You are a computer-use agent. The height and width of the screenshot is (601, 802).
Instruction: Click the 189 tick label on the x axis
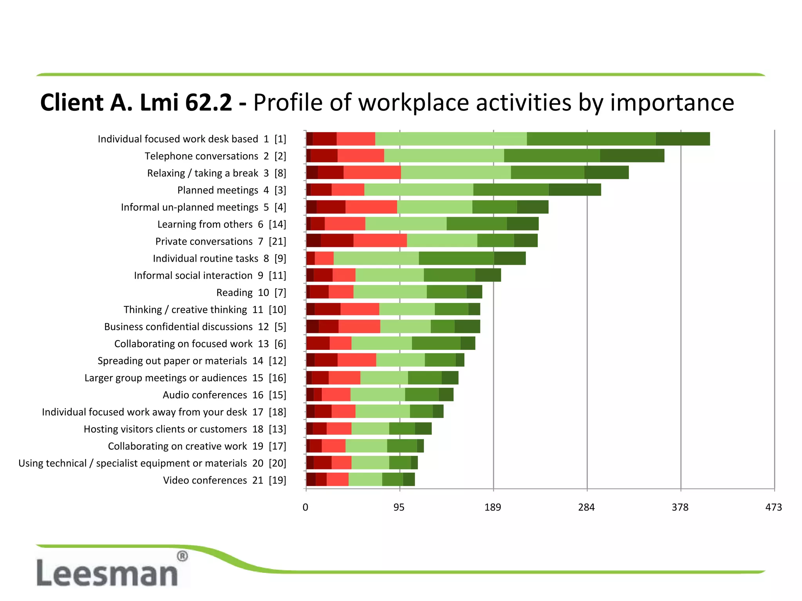(x=493, y=507)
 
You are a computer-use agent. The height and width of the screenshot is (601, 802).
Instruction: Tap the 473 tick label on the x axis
(x=773, y=507)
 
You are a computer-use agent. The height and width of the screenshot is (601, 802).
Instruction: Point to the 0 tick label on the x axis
(x=305, y=507)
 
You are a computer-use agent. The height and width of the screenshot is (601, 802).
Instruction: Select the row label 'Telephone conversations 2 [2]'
(x=215, y=156)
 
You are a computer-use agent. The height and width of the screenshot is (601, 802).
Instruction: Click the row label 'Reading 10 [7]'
(x=251, y=293)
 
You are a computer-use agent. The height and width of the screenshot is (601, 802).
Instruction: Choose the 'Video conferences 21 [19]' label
(x=224, y=480)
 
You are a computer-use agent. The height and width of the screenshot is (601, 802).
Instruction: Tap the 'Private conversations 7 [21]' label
(x=220, y=241)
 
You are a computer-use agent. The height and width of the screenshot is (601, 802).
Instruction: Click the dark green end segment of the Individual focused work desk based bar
(x=683, y=139)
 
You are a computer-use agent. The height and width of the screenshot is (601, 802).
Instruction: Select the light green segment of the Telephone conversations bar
(x=444, y=156)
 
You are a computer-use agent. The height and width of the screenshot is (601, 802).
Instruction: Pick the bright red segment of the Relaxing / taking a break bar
(x=372, y=173)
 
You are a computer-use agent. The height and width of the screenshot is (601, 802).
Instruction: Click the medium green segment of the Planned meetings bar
(x=511, y=190)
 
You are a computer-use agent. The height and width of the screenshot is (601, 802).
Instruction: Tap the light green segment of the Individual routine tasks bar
(x=376, y=258)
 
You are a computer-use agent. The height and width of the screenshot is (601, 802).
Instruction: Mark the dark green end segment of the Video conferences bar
(x=409, y=479)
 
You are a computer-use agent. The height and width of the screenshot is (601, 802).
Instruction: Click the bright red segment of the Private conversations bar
(x=380, y=241)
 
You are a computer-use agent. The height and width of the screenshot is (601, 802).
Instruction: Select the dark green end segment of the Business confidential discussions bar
(x=467, y=326)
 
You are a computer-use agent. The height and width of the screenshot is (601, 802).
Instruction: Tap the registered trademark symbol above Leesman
(x=182, y=556)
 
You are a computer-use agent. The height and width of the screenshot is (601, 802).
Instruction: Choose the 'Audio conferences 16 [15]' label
(x=224, y=395)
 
